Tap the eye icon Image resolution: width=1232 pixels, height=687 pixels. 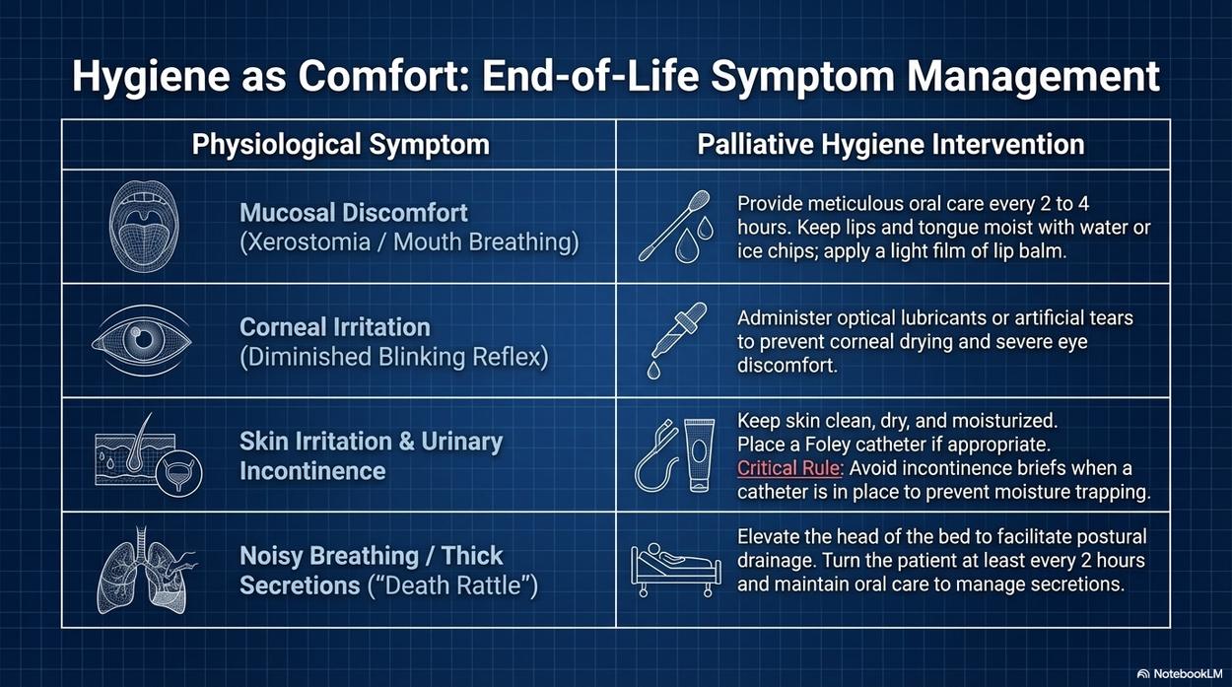click(x=142, y=340)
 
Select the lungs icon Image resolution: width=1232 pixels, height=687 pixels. click(x=146, y=570)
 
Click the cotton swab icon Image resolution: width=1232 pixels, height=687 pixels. click(x=674, y=226)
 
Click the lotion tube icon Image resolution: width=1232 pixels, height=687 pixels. click(x=700, y=455)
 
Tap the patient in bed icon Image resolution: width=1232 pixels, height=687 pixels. click(x=676, y=570)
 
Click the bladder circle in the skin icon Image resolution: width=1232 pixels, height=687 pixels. click(x=178, y=474)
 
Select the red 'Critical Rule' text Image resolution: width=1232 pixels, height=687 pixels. click(x=788, y=468)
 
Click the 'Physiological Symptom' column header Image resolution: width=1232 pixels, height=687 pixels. click(x=340, y=145)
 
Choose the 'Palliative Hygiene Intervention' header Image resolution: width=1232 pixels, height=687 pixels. click(x=891, y=145)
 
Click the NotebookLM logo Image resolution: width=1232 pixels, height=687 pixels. click(x=1184, y=674)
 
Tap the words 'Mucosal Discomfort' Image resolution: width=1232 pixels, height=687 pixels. click(x=354, y=213)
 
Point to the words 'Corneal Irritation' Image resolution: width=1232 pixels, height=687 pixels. click(x=335, y=327)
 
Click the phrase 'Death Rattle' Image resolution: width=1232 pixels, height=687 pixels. click(x=452, y=585)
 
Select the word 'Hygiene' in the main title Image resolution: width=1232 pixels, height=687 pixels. click(x=150, y=77)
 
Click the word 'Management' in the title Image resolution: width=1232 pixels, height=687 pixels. click(x=1034, y=76)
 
